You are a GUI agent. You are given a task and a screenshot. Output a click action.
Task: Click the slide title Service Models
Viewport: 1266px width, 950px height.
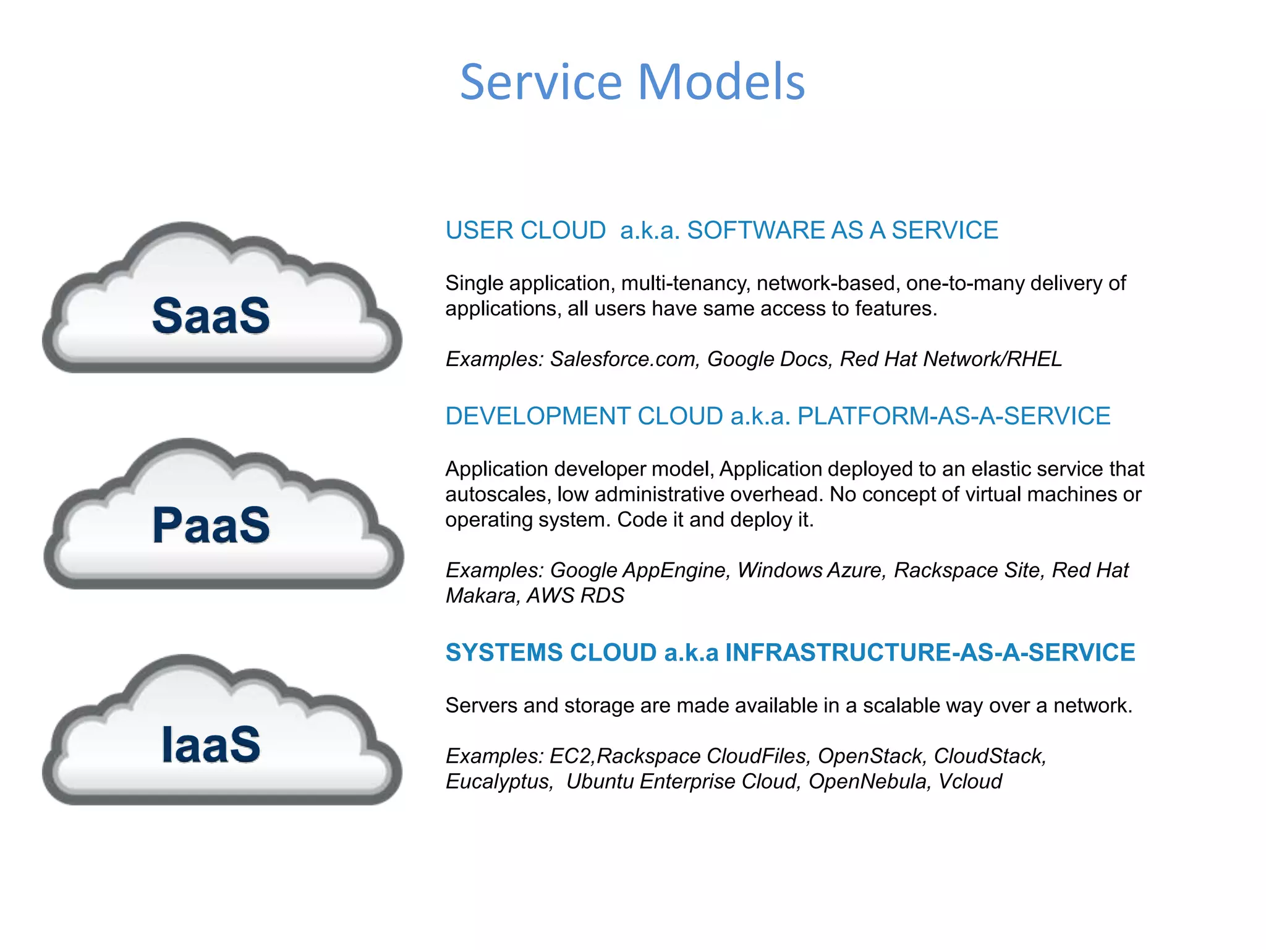pos(632,82)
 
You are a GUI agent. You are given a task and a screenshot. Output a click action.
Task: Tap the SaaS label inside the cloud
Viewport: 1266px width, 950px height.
pos(211,315)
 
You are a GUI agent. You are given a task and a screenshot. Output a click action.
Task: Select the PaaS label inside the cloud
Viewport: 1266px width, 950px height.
pos(211,525)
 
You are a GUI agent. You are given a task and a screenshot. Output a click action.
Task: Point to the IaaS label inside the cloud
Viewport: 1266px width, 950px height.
pos(211,743)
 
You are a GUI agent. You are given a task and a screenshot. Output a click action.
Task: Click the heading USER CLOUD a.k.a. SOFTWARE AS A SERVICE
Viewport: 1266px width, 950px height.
pos(721,230)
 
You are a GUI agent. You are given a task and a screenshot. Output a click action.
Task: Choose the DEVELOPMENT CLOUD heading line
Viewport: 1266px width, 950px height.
pos(778,416)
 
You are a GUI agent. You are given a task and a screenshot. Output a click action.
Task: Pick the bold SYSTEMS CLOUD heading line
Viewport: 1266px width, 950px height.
pos(790,653)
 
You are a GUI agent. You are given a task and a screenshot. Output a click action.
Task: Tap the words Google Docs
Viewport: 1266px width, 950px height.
pos(767,359)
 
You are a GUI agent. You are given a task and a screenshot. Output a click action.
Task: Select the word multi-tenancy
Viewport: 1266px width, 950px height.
pos(685,283)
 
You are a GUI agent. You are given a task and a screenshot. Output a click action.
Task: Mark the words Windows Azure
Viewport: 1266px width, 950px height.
pos(811,570)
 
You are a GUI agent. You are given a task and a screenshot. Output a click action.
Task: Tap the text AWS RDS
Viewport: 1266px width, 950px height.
pos(575,596)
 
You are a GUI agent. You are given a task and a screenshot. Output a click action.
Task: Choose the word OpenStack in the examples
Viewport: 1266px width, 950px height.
pos(870,756)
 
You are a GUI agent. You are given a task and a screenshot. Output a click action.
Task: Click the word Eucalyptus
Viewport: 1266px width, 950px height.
pos(499,782)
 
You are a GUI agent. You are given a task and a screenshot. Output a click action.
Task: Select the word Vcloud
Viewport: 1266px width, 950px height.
pos(970,782)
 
